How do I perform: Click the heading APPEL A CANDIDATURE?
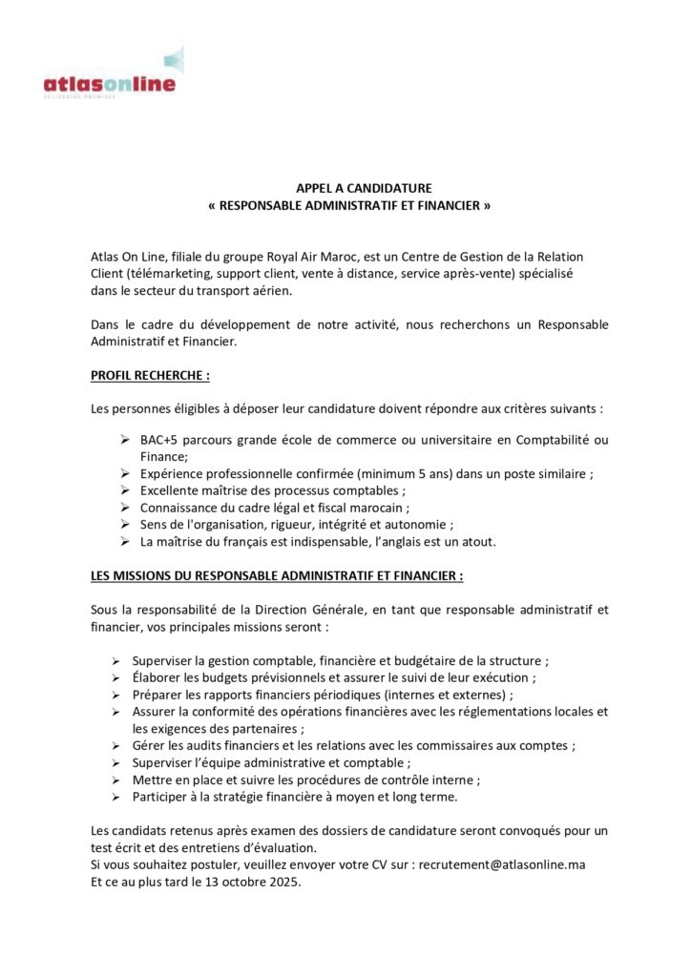[x=345, y=189]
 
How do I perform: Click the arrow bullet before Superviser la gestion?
[x=115, y=660]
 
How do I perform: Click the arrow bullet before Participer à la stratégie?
[x=115, y=797]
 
